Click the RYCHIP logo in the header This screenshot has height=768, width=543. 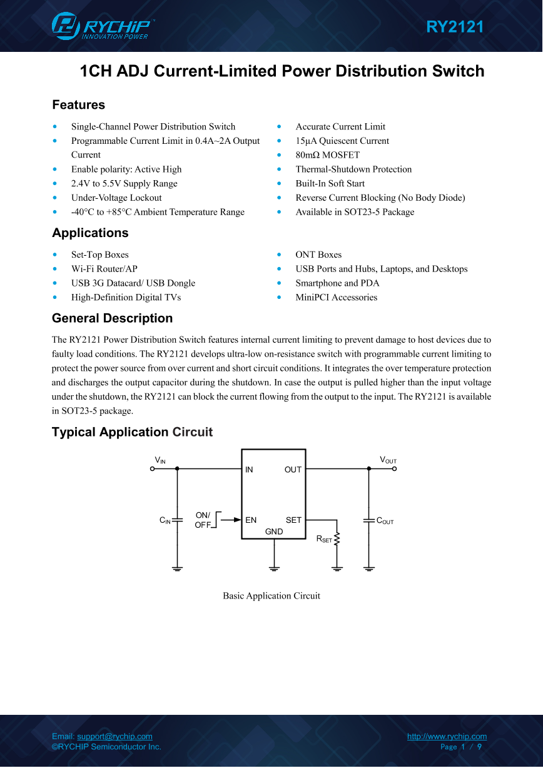(x=102, y=26)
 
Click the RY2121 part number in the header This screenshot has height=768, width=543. (x=455, y=27)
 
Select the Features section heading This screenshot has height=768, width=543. (x=78, y=105)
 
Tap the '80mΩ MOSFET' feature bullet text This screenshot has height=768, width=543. (x=327, y=155)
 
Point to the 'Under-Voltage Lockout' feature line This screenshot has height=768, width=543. (x=116, y=198)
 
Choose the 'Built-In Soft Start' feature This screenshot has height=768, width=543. (x=330, y=183)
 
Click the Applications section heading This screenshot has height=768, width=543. (x=90, y=233)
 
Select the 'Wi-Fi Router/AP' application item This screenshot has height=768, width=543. (x=104, y=269)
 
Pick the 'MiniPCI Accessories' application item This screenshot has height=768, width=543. (x=336, y=298)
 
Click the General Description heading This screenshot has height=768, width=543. (x=112, y=318)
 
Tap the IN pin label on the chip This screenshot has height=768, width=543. (x=249, y=470)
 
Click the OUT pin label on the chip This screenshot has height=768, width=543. (x=293, y=470)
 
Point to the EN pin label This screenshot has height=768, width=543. (x=251, y=520)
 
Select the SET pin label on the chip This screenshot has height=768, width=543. (x=293, y=520)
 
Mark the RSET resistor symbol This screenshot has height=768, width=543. (x=337, y=538)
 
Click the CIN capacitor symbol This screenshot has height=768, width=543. (x=177, y=519)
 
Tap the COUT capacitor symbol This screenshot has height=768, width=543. (x=369, y=520)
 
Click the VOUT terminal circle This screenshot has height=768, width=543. (x=395, y=468)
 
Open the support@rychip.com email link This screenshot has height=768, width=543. (x=114, y=737)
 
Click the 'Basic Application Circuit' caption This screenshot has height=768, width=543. (x=271, y=596)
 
